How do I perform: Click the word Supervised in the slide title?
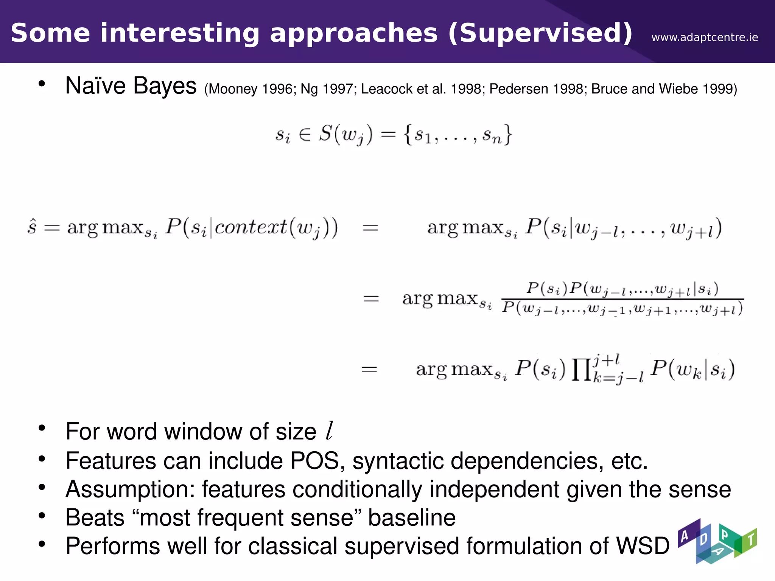tap(540, 33)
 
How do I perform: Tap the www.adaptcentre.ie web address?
tap(705, 37)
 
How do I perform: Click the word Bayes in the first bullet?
tap(165, 86)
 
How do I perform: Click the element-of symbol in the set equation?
tap(305, 135)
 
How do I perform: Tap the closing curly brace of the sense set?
tap(507, 134)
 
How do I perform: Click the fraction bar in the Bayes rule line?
tap(622, 299)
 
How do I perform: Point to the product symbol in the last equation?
tap(581, 370)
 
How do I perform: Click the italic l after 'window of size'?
tap(330, 431)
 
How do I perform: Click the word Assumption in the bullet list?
tap(130, 489)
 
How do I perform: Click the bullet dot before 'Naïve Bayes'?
tap(42, 84)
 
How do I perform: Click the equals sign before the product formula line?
tap(369, 369)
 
